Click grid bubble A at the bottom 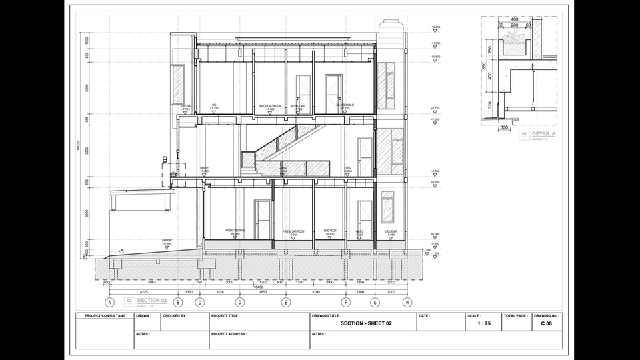[109, 302]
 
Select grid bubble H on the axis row [407, 302]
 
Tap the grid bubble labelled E [286, 302]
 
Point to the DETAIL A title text [543, 134]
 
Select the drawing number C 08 [546, 323]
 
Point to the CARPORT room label [167, 241]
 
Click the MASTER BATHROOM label [270, 106]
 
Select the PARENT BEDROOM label [235, 231]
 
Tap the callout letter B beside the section [165, 159]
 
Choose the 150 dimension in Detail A [505, 127]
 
